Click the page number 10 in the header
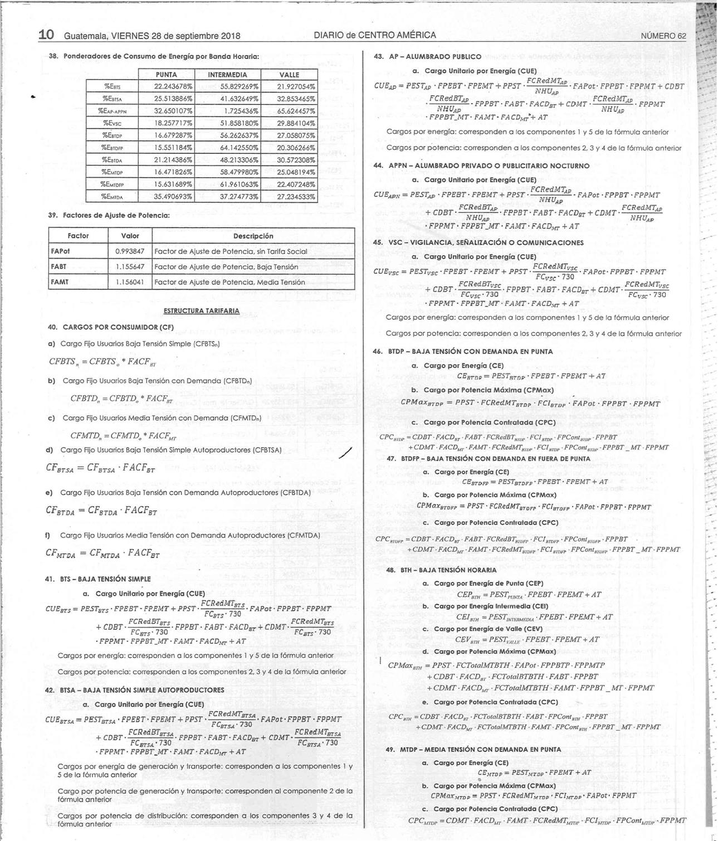coord(46,35)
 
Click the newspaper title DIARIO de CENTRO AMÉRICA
coord(375,35)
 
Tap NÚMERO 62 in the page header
coord(663,36)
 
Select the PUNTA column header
coord(166,75)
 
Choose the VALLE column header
coord(289,75)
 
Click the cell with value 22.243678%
coord(173,86)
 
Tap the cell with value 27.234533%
coord(296,197)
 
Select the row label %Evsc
coord(113,123)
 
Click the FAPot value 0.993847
coord(129,251)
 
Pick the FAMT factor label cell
coord(60,282)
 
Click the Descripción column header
coord(253,236)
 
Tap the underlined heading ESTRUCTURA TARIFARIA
coord(201,310)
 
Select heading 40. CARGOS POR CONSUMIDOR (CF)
coord(111,327)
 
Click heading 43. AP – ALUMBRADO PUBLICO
coord(427,57)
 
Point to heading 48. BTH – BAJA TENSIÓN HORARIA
coord(441,570)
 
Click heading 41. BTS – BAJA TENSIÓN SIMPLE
coord(97,579)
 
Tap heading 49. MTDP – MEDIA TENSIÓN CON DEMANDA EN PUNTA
coord(473,750)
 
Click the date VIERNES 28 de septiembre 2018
coord(175,36)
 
